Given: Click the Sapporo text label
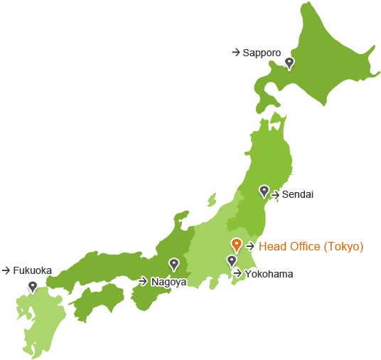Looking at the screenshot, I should pos(262,53).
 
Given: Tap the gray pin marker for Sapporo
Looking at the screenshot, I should pos(289,63).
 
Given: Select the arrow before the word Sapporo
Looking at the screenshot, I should pos(235,52).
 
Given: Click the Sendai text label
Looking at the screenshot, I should pos(298,194).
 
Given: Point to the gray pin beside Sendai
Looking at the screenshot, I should pos(264,191).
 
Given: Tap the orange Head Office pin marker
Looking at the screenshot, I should pos(237,245).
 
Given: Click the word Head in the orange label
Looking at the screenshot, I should pos(271,247).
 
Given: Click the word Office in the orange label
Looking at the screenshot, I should pos(304,247).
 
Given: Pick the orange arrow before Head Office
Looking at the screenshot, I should pos(250,246).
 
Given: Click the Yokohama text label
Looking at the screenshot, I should pos(269,274).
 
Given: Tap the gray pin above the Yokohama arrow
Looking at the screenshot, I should pos(232,261).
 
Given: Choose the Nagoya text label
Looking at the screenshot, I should pos(168,282).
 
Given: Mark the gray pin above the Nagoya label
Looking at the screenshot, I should pos(173,264).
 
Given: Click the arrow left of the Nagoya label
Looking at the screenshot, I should pos(143,281).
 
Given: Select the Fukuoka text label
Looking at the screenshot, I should pos(32,270).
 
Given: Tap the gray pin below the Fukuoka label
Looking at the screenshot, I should pos(32,286).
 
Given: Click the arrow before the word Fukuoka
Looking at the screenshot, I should pos(6,270).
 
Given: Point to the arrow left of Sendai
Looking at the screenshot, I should pos(276,194).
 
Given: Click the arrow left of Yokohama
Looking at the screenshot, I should pos(237,273).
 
